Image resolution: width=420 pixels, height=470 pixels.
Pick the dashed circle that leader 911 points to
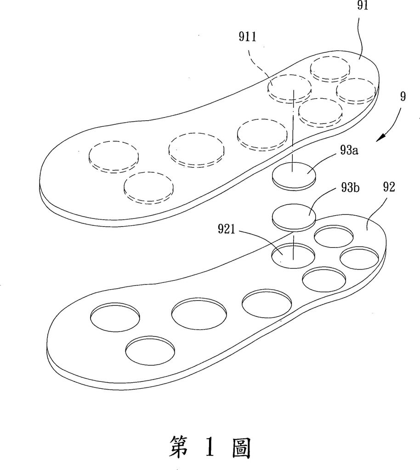tap(289, 87)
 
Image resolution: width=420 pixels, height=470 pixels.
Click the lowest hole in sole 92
tap(150, 352)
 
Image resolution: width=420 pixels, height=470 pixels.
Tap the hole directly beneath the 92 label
tap(360, 261)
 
